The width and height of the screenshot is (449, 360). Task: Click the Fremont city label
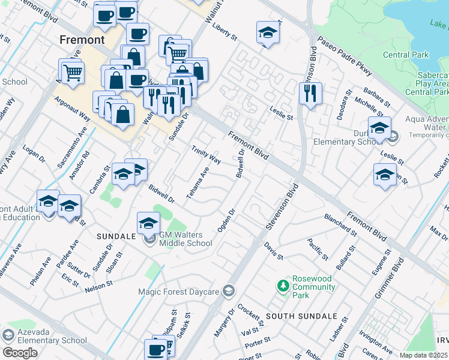pyautogui.click(x=82, y=40)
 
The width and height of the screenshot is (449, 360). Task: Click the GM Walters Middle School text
pyautogui.click(x=185, y=238)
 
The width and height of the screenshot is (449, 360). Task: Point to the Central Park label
pyautogui.click(x=406, y=55)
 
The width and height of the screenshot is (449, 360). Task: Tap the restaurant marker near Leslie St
pyautogui.click(x=310, y=94)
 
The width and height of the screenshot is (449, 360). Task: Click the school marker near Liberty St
pyautogui.click(x=268, y=33)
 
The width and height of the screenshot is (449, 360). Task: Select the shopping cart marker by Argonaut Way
pyautogui.click(x=72, y=72)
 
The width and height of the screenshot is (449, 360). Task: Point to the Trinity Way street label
pyautogui.click(x=206, y=154)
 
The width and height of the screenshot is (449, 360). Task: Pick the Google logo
pyautogui.click(x=20, y=352)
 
